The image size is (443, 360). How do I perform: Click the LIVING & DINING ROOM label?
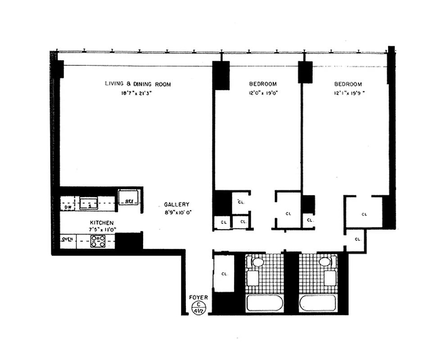138,84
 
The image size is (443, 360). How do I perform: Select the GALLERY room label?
176,204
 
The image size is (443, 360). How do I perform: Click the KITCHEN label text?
101,223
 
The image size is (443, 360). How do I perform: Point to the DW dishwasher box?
68,207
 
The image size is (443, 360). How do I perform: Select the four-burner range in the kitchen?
98,242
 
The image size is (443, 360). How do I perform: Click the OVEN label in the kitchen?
68,239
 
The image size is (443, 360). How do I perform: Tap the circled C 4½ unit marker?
196,307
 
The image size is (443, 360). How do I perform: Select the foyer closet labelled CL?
224,273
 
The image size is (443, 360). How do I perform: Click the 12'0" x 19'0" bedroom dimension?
263,94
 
